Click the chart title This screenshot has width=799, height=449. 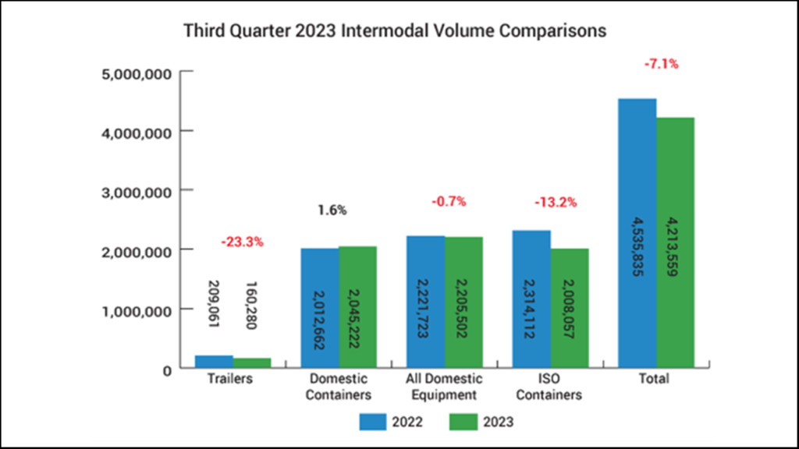(395, 32)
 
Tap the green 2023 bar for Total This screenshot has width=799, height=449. (676, 242)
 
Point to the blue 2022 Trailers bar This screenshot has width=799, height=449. (214, 362)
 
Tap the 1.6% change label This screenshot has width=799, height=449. (332, 210)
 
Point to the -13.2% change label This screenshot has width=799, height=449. (555, 203)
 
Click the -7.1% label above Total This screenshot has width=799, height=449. (661, 64)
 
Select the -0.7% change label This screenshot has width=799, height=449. (449, 201)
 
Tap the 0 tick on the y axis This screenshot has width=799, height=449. (165, 369)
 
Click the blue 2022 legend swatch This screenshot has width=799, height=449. (375, 422)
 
